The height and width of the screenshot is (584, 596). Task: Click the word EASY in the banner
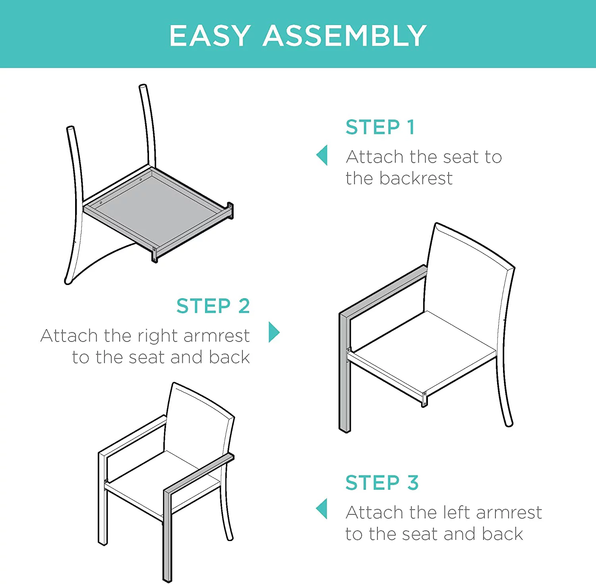[210, 36]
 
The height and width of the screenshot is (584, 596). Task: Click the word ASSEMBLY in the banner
[344, 36]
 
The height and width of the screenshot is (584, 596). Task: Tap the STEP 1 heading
[380, 127]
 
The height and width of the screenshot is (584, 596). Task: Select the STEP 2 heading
[213, 306]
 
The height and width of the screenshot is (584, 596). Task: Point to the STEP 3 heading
[382, 483]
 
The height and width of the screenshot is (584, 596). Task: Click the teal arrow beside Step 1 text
[322, 155]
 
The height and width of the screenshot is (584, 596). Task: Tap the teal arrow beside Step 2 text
[274, 332]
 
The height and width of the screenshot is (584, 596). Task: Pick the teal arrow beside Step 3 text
[322, 509]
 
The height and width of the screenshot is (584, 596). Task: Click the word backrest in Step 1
[416, 178]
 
